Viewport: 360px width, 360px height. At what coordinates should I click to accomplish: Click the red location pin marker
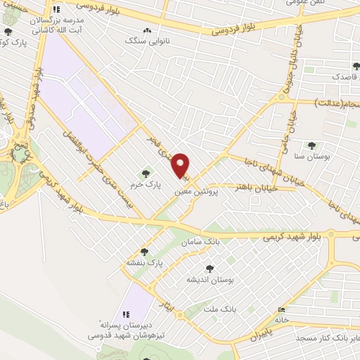click(181, 165)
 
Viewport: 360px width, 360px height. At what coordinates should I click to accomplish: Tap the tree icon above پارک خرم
click(146, 173)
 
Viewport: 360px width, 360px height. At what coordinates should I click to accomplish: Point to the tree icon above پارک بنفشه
click(144, 251)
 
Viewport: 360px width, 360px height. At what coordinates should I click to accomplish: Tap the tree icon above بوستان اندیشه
click(209, 268)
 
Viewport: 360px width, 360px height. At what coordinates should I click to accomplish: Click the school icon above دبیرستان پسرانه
click(126, 314)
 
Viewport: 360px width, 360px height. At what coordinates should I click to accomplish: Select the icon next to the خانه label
click(282, 309)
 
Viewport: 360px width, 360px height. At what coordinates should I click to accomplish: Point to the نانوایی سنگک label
click(144, 42)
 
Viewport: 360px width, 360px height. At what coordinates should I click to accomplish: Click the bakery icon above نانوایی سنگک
click(147, 31)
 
